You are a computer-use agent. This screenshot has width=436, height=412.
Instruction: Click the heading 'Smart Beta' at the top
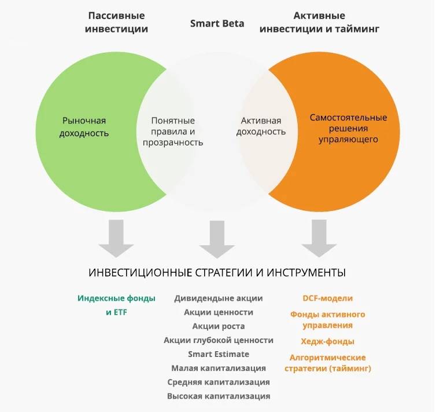tap(217, 23)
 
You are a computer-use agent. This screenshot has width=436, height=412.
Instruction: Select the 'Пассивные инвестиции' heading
tap(116, 22)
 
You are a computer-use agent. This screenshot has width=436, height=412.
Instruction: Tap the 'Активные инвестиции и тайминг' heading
tap(319, 22)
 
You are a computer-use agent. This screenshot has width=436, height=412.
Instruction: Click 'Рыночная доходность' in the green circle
tap(84, 127)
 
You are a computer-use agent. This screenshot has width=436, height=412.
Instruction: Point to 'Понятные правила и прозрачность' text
tap(173, 132)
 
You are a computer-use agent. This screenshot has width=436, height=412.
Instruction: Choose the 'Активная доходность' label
tap(261, 126)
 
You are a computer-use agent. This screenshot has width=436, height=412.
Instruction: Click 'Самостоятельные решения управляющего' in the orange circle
tap(348, 129)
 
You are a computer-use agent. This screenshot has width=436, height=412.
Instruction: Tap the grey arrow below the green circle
tap(116, 238)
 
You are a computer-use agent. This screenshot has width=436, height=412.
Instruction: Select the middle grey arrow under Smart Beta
tap(217, 239)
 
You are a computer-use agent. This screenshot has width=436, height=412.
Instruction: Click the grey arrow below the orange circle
tap(319, 238)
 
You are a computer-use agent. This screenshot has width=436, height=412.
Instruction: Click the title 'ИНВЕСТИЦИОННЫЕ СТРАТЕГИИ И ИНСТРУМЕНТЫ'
tap(217, 272)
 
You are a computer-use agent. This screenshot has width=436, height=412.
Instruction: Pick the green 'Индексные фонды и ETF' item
tap(116, 305)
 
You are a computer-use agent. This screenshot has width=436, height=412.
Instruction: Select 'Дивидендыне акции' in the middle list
tap(219, 298)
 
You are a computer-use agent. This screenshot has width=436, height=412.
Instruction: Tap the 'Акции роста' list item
tap(219, 326)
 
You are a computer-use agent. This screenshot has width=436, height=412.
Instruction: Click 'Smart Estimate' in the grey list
tap(219, 354)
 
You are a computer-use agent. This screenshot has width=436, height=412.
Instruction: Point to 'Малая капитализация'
tap(219, 369)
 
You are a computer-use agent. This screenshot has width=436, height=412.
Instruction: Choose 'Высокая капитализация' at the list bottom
tap(219, 396)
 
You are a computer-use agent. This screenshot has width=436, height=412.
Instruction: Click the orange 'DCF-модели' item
tap(327, 298)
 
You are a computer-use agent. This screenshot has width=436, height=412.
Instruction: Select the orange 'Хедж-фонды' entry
tap(327, 341)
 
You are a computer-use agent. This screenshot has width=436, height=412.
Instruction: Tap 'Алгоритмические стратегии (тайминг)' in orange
tap(327, 363)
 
